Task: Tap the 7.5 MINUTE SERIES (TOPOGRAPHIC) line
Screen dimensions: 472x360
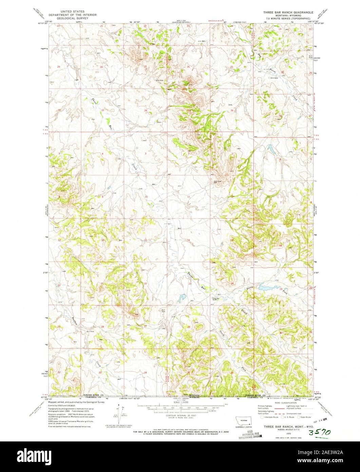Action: coord(287,18)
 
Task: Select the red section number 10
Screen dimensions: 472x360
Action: coord(146,197)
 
